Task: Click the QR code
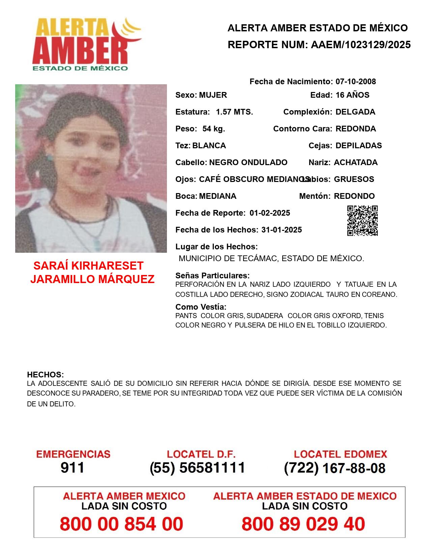click(363, 221)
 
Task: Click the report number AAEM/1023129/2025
click(361, 45)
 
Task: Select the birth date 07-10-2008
click(355, 82)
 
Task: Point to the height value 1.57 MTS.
click(234, 112)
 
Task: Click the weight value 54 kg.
click(213, 129)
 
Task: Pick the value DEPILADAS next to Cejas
click(359, 146)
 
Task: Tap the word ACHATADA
click(355, 162)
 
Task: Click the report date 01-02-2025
click(270, 213)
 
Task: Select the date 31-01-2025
click(282, 230)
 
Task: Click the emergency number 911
click(73, 468)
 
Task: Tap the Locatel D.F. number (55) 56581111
click(198, 468)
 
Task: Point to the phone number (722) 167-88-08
click(335, 468)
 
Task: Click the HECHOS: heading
click(46, 375)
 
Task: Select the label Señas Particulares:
click(212, 276)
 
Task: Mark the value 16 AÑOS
click(352, 95)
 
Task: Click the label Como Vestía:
click(201, 307)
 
